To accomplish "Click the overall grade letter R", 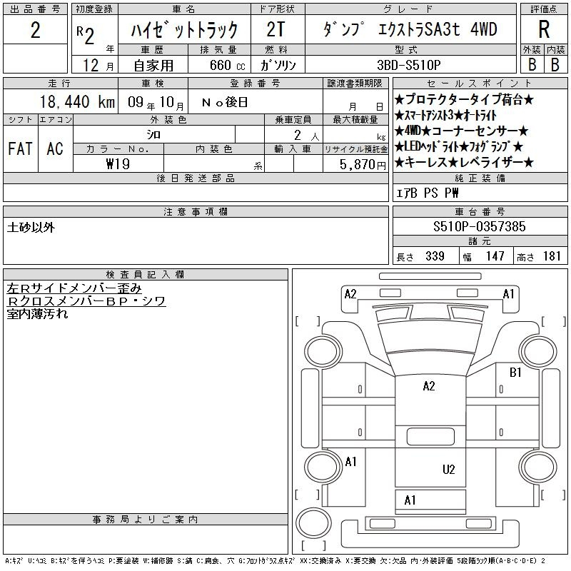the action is click(544, 29).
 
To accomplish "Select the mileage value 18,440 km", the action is click(77, 102).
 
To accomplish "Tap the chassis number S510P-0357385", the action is click(479, 226).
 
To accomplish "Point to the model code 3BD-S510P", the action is click(408, 65).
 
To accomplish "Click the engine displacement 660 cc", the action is click(227, 65).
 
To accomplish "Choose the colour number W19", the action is click(118, 164).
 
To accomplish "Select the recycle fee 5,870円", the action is click(363, 165).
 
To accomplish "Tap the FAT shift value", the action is click(20, 148).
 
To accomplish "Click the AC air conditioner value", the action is click(55, 148).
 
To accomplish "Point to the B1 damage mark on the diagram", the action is click(515, 372).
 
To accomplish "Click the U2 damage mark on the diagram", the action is click(449, 470).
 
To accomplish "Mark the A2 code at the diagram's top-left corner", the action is click(350, 294).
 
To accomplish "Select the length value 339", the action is click(435, 256).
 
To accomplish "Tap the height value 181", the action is click(552, 256).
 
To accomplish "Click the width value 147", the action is click(495, 256).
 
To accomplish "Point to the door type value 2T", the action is click(276, 29).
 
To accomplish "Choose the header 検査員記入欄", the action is click(145, 275).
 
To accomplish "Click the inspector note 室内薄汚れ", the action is click(37, 313).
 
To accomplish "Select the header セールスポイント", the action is click(479, 84).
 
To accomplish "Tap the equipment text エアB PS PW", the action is click(427, 193).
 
